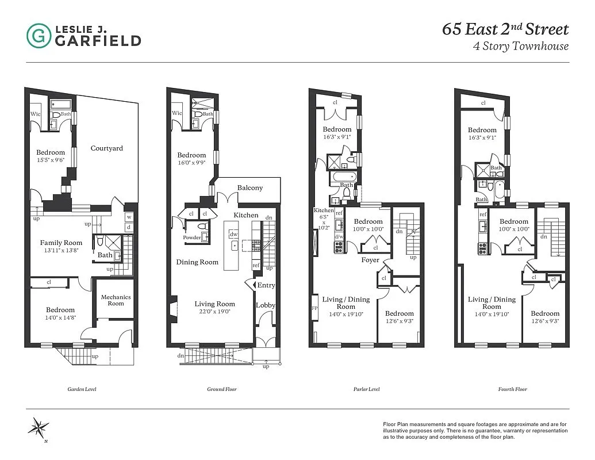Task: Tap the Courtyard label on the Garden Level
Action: tap(107, 148)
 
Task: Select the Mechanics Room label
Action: tap(116, 300)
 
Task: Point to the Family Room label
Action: tap(61, 243)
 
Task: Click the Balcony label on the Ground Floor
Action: tap(249, 188)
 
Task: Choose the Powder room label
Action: tap(191, 237)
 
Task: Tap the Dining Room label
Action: tap(197, 262)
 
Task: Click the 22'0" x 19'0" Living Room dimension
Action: tap(214, 312)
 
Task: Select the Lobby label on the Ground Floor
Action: tap(266, 305)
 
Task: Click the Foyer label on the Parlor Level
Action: tap(370, 260)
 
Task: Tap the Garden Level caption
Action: tap(82, 389)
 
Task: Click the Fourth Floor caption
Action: tap(512, 389)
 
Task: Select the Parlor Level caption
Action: tap(367, 389)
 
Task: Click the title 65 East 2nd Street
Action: tap(505, 29)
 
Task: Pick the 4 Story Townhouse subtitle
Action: tap(520, 47)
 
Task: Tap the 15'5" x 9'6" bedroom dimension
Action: tap(51, 160)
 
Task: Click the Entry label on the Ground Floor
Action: tap(266, 285)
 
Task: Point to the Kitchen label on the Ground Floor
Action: tap(245, 215)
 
